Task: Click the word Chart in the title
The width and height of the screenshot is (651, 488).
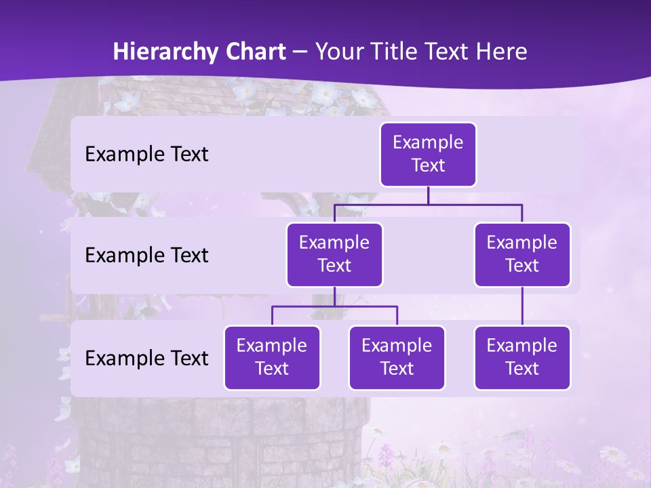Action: point(254,52)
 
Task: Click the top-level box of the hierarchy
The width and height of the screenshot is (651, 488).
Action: point(428,154)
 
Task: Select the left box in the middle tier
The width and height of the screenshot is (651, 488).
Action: point(334,254)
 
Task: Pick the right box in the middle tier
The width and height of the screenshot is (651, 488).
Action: point(522,254)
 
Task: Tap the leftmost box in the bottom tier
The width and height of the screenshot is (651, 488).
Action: point(272,357)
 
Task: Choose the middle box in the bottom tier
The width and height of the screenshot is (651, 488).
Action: point(397,357)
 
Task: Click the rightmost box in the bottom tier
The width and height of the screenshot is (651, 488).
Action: point(522,357)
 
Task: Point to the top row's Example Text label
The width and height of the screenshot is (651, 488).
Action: point(146,155)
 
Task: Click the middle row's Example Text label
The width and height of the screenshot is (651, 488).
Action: point(146,256)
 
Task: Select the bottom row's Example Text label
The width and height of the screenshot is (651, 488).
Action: point(146,358)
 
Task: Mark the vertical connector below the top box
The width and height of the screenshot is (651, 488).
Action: point(428,195)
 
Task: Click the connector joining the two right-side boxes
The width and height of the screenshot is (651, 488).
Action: point(522,306)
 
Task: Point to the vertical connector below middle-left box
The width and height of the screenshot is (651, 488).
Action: point(334,296)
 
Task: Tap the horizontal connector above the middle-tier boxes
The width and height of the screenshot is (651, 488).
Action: point(428,204)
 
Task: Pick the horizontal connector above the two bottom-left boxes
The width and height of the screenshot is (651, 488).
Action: point(334,306)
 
